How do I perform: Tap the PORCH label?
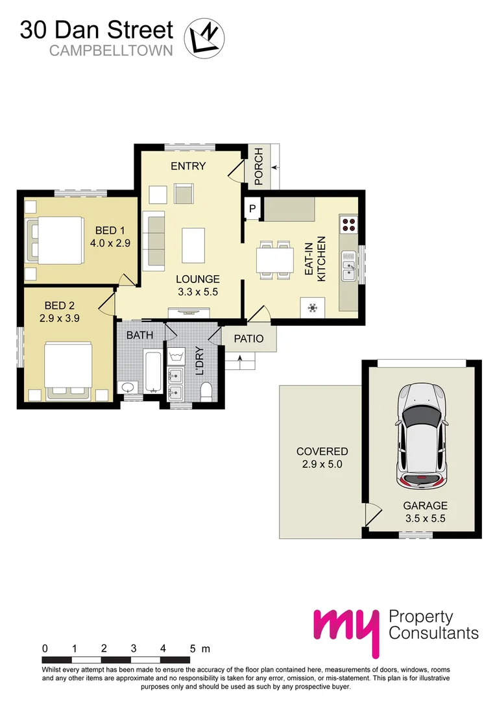(258, 167)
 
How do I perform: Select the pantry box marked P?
(252, 208)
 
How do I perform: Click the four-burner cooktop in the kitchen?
(348, 224)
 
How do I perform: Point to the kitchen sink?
(349, 267)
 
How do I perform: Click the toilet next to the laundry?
(206, 391)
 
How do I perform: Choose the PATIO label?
(249, 338)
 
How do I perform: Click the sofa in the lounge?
(154, 241)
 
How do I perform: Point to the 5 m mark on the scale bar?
(193, 648)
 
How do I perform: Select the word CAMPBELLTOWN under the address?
(111, 50)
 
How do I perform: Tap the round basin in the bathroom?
(127, 387)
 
